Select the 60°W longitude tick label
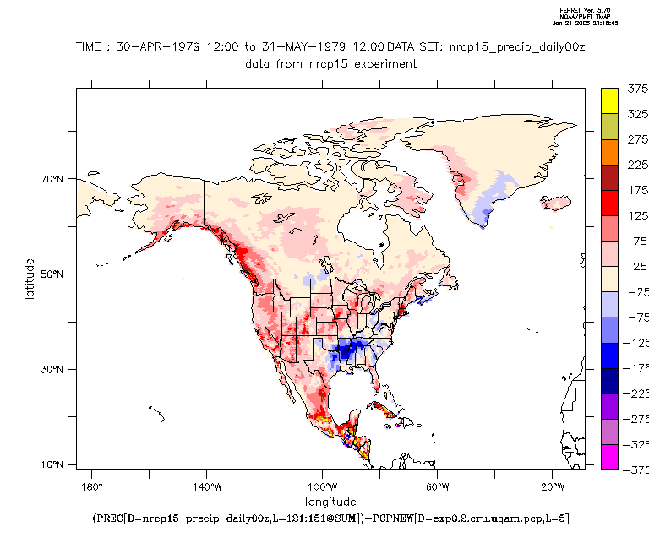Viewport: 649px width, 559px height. tap(437, 487)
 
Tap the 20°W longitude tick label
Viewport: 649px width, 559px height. tap(553, 487)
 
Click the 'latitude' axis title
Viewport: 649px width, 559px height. tap(30, 279)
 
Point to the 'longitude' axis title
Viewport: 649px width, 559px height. tap(330, 502)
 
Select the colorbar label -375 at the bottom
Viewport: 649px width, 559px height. tap(636, 470)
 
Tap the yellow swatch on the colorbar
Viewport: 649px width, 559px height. tap(609, 100)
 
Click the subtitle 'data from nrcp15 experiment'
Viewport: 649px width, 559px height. tap(330, 63)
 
